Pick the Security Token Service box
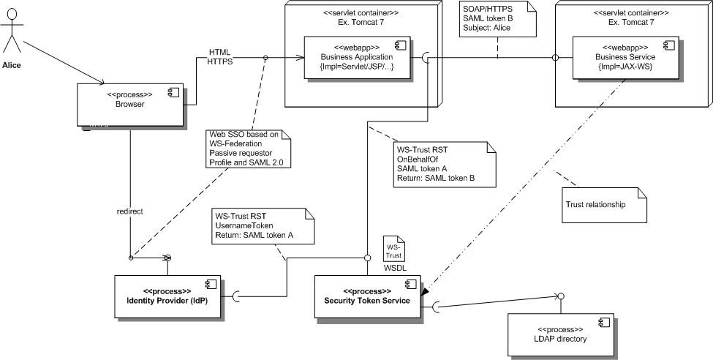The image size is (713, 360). point(366,296)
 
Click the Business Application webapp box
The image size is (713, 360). point(356,57)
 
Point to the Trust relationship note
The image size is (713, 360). point(604,204)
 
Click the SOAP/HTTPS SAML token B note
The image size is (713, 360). point(497,20)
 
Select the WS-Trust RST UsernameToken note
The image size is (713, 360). point(263,227)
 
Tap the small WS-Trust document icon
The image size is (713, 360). point(394,248)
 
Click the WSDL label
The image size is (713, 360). point(395,268)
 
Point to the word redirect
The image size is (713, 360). point(130,211)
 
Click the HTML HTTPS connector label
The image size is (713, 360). point(220,57)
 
